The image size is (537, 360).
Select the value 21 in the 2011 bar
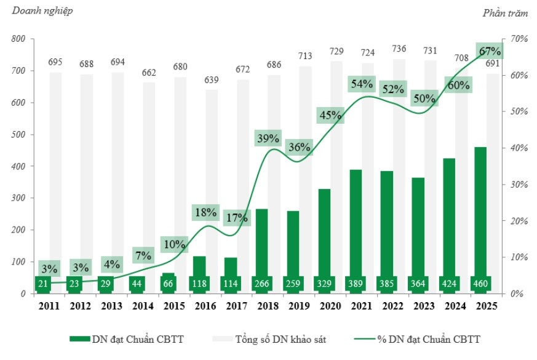pyautogui.click(x=43, y=284)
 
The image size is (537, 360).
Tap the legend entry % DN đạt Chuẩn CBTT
pyautogui.click(x=429, y=339)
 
